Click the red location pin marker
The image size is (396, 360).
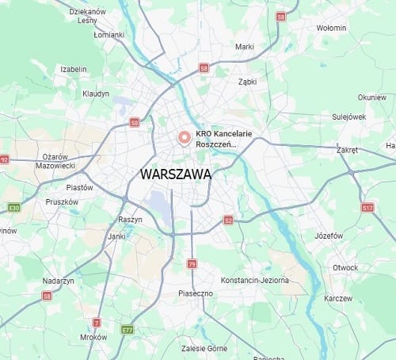click(x=185, y=138)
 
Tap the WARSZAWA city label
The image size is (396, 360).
click(x=175, y=174)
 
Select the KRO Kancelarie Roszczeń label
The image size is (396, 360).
click(x=224, y=139)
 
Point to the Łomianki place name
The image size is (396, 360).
click(x=109, y=35)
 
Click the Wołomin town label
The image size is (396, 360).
click(x=332, y=28)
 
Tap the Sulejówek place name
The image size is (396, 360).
click(x=349, y=116)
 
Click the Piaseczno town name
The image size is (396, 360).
click(x=196, y=293)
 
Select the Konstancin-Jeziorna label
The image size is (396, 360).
click(x=254, y=280)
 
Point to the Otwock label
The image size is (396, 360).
click(x=345, y=267)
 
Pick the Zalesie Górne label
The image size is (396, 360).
click(x=204, y=348)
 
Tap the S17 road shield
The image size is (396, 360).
click(x=367, y=207)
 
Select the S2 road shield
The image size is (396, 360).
click(x=228, y=220)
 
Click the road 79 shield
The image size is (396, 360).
click(x=192, y=263)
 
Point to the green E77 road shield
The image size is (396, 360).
click(x=127, y=329)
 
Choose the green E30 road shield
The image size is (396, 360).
click(x=13, y=208)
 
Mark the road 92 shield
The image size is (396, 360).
click(x=4, y=159)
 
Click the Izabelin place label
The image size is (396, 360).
click(x=74, y=69)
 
